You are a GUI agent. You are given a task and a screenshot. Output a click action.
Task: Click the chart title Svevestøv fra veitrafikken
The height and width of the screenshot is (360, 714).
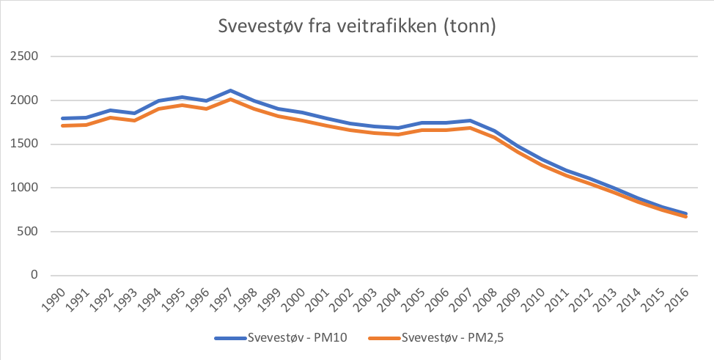pos(358,26)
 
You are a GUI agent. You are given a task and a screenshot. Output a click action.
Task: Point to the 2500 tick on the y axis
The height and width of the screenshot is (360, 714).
pos(24,56)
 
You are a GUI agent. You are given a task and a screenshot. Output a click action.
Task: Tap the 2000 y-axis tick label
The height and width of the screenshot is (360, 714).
pos(24,100)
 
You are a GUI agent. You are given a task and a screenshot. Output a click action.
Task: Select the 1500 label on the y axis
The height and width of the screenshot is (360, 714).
pos(24,144)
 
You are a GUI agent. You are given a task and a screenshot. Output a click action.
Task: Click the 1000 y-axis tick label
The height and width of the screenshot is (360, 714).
pos(24,188)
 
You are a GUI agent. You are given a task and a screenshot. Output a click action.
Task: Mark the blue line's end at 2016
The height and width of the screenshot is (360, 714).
pos(686,213)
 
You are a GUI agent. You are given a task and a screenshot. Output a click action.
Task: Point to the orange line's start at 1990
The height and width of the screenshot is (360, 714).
pos(63,125)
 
